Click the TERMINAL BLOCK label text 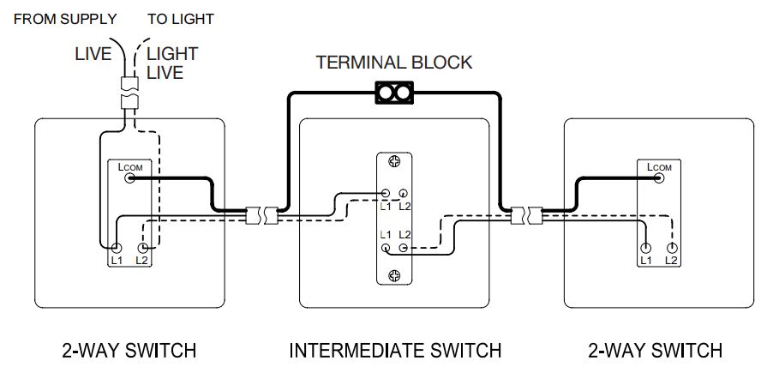pyautogui.click(x=393, y=62)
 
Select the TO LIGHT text pyautogui.click(x=181, y=18)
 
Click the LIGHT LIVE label pyautogui.click(x=172, y=63)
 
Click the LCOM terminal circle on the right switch pyautogui.click(x=659, y=178)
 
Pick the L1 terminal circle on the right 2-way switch pyautogui.click(x=645, y=247)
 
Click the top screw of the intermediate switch pyautogui.click(x=394, y=162)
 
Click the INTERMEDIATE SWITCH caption pyautogui.click(x=394, y=351)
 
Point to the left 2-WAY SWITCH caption pyautogui.click(x=129, y=351)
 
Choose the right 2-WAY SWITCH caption pyautogui.click(x=656, y=351)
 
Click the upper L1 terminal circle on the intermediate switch pyautogui.click(x=386, y=196)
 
